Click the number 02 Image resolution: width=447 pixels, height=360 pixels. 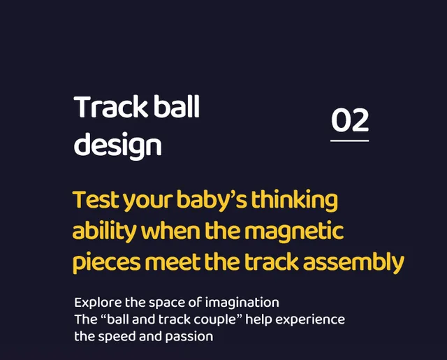[350, 120]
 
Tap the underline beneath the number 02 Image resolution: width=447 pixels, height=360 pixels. [350, 141]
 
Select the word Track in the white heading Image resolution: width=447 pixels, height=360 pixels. [110, 107]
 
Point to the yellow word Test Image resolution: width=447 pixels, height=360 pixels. [96, 200]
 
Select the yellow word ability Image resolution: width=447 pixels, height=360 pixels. [105, 231]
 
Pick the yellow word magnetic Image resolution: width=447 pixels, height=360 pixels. [294, 231]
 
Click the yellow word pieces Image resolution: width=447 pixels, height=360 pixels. [107, 262]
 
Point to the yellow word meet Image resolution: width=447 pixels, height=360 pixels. [173, 262]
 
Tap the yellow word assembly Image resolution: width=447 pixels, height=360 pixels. [353, 262]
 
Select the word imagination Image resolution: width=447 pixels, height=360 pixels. [242, 303]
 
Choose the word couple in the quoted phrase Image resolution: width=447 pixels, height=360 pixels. [215, 320]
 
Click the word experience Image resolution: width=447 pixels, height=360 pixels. [310, 320]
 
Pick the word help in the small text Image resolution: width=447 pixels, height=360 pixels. [258, 320]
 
